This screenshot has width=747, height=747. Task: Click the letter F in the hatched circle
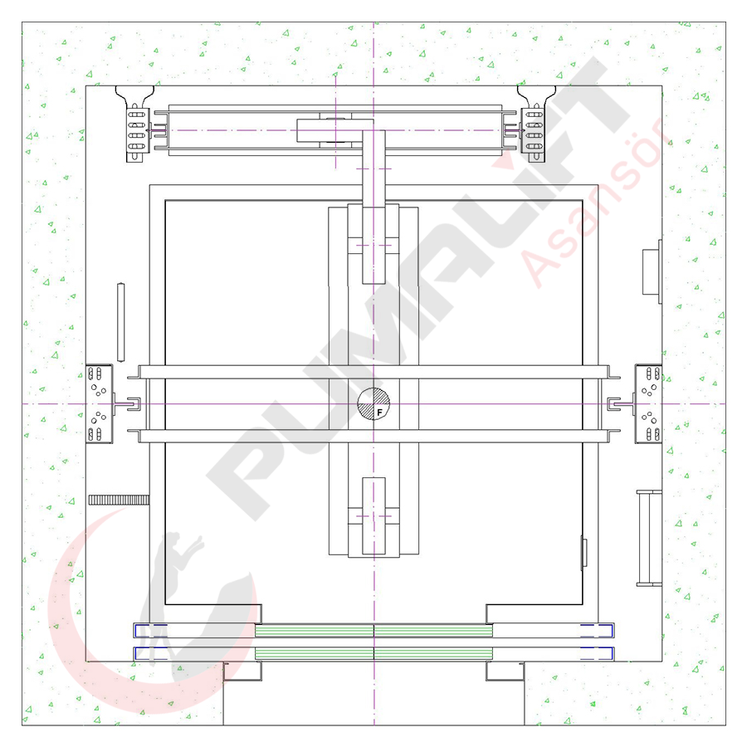coord(379,413)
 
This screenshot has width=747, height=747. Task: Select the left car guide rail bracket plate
coord(99,404)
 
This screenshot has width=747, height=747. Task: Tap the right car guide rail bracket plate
coord(648,404)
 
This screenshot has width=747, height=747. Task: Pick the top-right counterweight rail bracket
coord(535,124)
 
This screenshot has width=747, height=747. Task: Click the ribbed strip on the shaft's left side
coord(119,500)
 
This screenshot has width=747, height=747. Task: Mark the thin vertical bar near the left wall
coord(121,323)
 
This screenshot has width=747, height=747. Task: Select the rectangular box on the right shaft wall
coord(652,271)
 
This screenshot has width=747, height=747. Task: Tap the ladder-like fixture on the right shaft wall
coord(649,538)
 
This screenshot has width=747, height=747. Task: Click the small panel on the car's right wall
coord(583,553)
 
